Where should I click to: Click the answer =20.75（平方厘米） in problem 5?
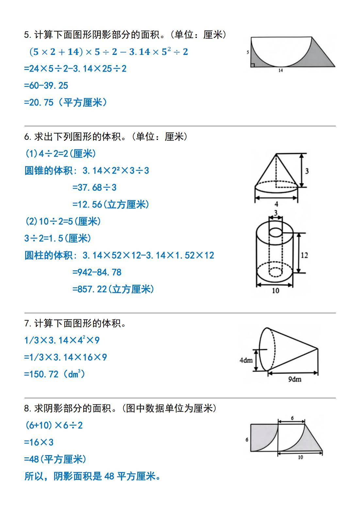pyautogui.click(x=65, y=103)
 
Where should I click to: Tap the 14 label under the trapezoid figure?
pyautogui.click(x=281, y=70)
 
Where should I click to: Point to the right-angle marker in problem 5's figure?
pyautogui.click(x=253, y=65)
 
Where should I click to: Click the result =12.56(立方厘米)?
pyautogui.click(x=110, y=205)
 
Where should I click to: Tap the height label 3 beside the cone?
pyautogui.click(x=307, y=171)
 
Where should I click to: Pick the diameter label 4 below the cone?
pyautogui.click(x=276, y=204)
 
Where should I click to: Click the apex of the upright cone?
pyautogui.click(x=276, y=154)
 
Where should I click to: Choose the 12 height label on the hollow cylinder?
pyautogui.click(x=304, y=255)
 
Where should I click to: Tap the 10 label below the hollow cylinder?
pyautogui.click(x=275, y=290)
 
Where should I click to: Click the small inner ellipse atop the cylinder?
pyautogui.click(x=276, y=232)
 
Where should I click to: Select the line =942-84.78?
pyautogui.click(x=97, y=272)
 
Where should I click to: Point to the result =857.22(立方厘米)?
pyautogui.click(x=113, y=289)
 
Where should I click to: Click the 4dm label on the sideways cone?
pyautogui.click(x=246, y=360)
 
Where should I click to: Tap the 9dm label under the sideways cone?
pyautogui.click(x=295, y=379)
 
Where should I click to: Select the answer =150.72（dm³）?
pyautogui.click(x=55, y=374)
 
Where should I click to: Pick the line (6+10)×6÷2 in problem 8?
pyautogui.click(x=54, y=425)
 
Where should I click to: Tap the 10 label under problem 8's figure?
pyautogui.click(x=300, y=457)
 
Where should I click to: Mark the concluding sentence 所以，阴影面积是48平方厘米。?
pyautogui.click(x=93, y=476)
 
